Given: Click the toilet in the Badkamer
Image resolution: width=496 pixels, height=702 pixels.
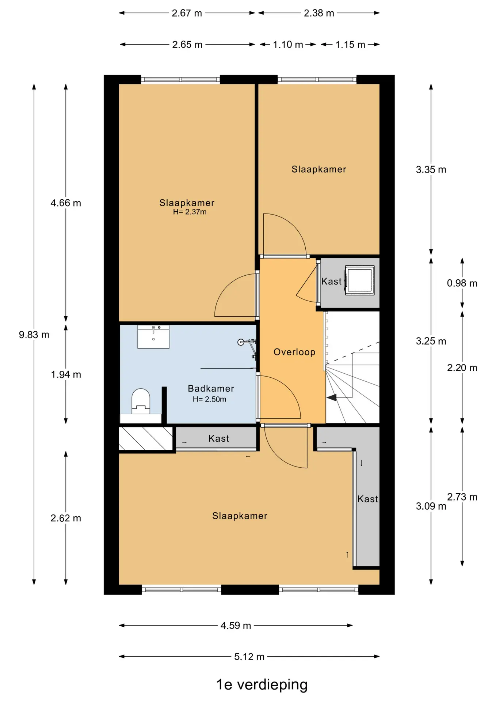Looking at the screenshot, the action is coord(141,401).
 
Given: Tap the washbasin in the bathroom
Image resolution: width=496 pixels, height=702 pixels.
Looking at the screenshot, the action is coord(153,337).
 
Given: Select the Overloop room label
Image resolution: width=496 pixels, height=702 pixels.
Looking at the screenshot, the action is coord(294,352).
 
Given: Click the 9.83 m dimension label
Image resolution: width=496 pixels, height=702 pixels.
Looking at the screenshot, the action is coord(34,335).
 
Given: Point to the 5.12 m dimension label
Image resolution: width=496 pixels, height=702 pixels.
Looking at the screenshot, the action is coord(249,657).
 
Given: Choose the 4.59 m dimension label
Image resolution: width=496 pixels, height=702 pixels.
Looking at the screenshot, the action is coord(236,626).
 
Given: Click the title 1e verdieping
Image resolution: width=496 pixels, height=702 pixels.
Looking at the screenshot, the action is coord(262,684).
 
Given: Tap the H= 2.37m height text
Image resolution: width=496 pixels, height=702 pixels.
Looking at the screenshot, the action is coord(190,212).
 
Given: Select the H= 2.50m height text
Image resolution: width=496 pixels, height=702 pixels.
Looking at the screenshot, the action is coord(210,399).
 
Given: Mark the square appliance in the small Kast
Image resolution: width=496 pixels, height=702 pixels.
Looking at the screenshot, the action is coord(360,280).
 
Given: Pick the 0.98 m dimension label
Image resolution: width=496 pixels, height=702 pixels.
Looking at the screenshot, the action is coord(462,283).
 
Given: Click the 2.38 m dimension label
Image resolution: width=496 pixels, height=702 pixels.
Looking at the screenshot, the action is coord(319,13).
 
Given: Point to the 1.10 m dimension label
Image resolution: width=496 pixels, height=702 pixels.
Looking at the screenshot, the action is coord(288,45).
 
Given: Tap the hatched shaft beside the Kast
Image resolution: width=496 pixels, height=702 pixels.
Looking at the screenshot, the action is coord(146,439).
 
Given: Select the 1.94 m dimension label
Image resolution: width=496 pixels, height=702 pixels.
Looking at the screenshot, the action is coord(66,374).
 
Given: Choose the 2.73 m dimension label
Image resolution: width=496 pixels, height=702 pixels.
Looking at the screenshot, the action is coord(462,497).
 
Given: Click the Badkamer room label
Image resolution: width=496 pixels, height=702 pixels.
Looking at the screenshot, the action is coord(211,388).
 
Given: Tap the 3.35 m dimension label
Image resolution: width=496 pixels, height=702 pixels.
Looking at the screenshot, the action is coord(431,170).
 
